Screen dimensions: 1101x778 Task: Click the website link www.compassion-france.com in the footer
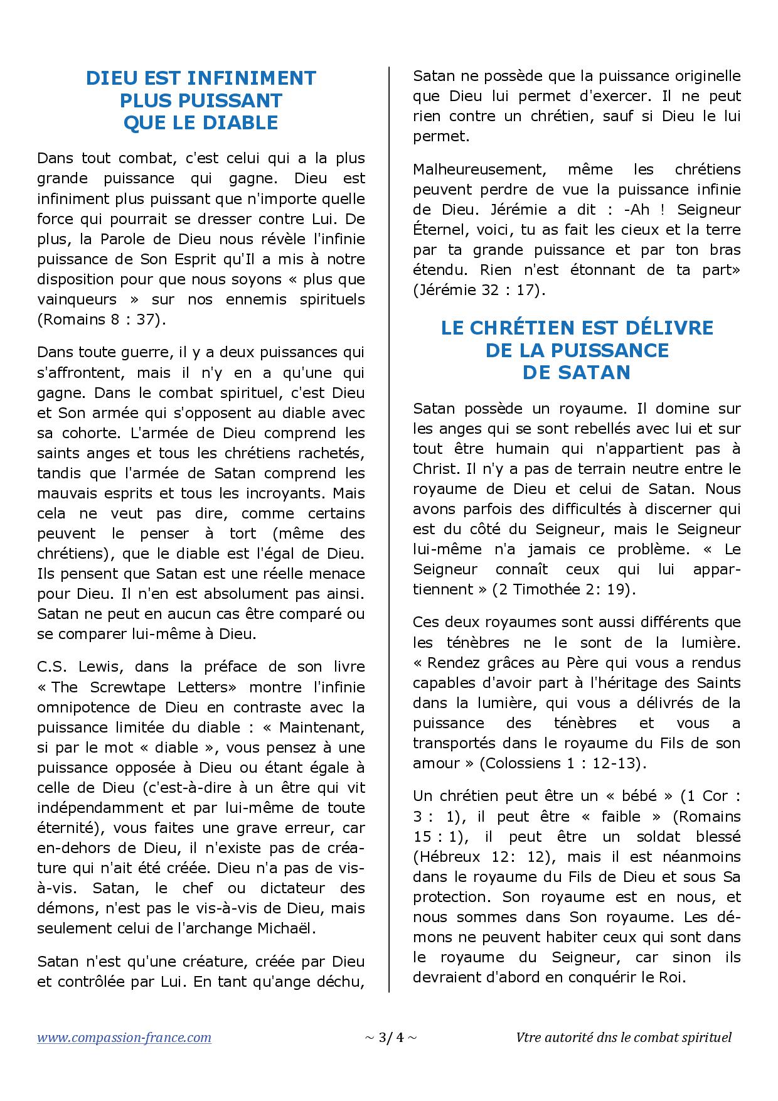[x=124, y=1038]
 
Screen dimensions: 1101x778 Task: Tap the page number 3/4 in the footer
[x=390, y=1038]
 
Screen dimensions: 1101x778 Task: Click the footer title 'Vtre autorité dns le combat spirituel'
[x=624, y=1038]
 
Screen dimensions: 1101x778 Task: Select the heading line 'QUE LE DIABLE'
[x=201, y=122]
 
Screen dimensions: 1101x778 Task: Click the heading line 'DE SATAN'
[x=577, y=372]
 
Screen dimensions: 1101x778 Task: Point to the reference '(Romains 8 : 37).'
[x=102, y=320]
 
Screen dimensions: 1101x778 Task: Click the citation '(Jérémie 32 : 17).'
[x=479, y=290]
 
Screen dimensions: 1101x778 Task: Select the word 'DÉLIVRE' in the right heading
[x=668, y=328]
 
